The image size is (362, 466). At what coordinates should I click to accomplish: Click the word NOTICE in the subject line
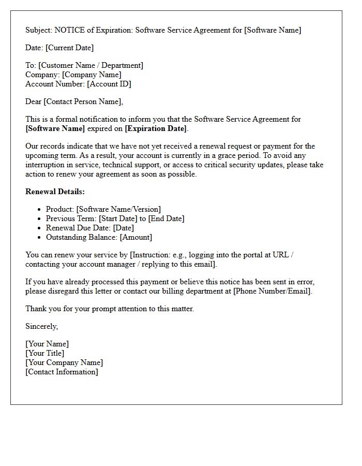pos(69,30)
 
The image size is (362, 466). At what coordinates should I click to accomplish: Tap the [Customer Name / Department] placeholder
pos(90,65)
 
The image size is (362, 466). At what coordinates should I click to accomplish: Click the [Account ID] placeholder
pos(109,84)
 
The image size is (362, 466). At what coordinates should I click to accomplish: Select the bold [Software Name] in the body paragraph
pos(55,128)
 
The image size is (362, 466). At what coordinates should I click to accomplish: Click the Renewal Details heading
pos(55,192)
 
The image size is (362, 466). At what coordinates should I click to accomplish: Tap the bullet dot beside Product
pos(40,210)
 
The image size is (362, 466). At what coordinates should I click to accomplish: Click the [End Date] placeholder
pos(166,219)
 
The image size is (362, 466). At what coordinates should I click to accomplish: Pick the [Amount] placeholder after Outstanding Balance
pos(136,237)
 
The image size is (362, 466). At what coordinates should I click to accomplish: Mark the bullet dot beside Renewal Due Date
pos(40,228)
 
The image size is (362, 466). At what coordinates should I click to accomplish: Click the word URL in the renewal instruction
pos(284,255)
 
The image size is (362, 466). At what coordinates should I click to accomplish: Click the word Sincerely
pos(42,326)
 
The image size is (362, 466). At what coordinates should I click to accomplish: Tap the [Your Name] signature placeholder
pos(47,344)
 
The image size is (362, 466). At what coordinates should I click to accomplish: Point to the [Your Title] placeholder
pos(45,353)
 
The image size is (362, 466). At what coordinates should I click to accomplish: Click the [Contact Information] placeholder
pos(62,372)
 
